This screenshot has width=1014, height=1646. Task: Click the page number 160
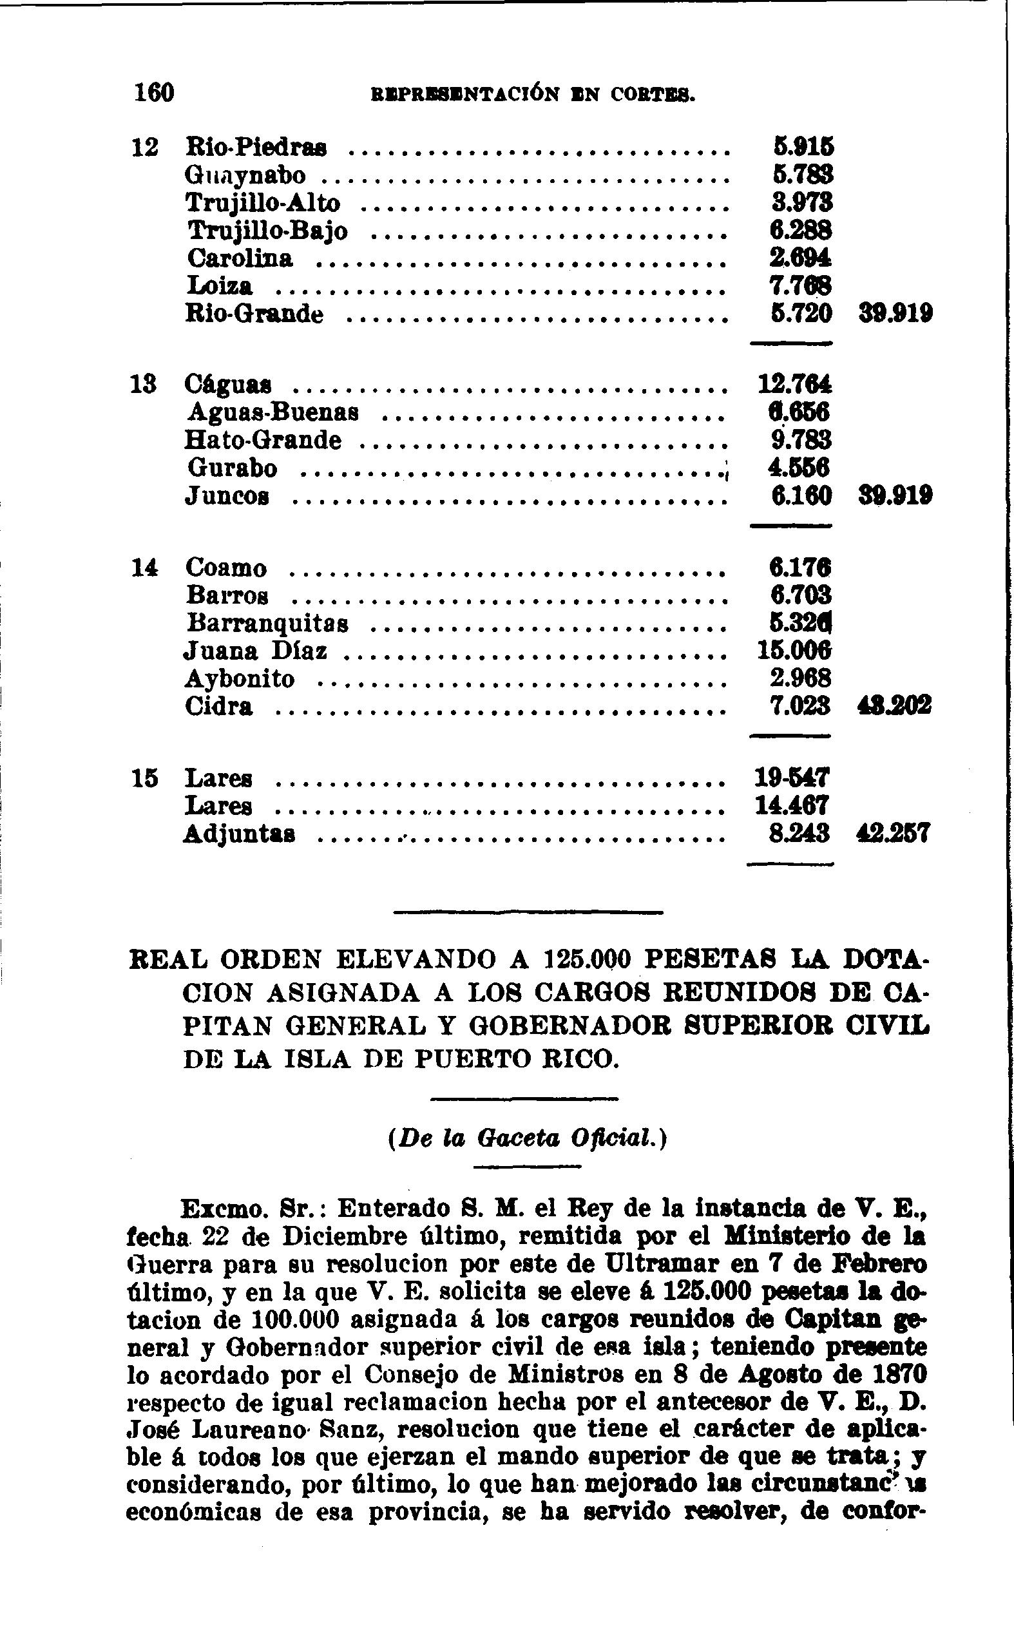(x=154, y=93)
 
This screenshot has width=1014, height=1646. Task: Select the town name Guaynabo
(x=245, y=176)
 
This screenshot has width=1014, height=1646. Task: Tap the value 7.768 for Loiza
(x=800, y=286)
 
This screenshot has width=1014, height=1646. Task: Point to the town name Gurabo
(x=232, y=468)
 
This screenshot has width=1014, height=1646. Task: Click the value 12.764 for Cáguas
(x=795, y=384)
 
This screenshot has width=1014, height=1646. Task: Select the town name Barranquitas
(x=267, y=624)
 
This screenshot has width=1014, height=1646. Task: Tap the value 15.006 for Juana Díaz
(x=795, y=651)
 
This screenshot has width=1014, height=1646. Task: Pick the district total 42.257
(x=894, y=834)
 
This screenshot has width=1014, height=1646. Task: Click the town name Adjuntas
(x=239, y=835)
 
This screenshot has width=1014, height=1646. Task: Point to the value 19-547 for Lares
(x=794, y=778)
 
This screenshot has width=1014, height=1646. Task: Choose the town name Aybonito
(x=240, y=679)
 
